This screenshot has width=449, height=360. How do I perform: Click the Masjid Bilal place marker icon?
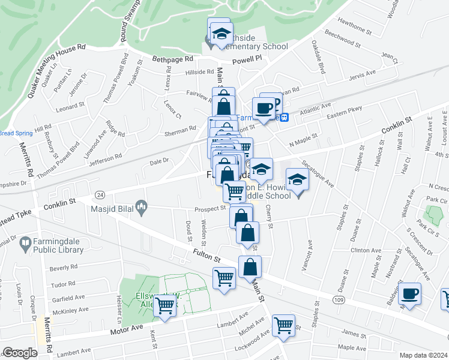point(142,208)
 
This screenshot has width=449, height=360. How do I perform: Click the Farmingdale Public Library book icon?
point(25,244)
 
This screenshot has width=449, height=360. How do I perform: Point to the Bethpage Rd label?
point(172,59)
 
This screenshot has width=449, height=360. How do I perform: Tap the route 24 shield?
point(100,194)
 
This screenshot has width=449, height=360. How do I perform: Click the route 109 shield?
point(339,298)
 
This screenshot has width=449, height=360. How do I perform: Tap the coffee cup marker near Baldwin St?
point(411,294)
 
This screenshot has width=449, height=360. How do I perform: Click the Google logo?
point(20,353)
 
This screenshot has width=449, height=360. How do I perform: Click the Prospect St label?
point(209,209)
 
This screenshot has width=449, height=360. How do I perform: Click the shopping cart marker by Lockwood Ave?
point(284,326)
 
